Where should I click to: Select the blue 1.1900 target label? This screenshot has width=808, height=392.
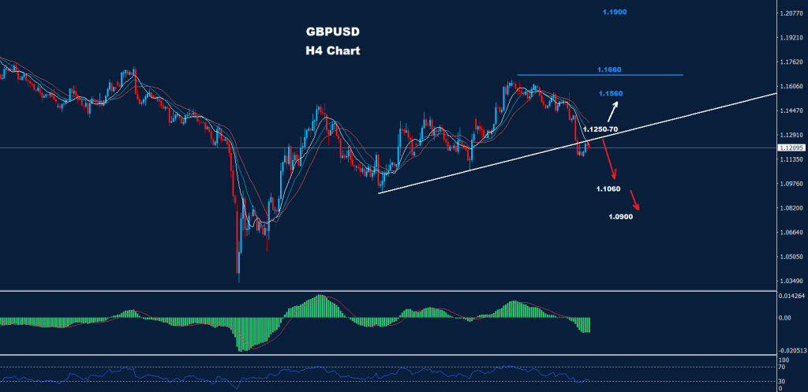(614, 13)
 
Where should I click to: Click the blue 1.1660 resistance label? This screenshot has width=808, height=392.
(609, 70)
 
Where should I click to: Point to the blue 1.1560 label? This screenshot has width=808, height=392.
(611, 93)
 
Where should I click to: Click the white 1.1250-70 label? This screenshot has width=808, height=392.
(600, 128)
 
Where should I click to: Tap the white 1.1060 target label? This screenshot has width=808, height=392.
(609, 189)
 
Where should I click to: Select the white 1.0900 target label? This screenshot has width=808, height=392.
(620, 217)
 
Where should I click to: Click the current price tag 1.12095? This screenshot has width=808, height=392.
(791, 147)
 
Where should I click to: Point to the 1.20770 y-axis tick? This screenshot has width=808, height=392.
(790, 13)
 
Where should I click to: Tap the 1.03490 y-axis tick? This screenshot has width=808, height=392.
(790, 282)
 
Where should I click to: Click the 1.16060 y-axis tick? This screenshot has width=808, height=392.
(790, 87)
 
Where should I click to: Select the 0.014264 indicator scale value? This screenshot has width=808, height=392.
(790, 296)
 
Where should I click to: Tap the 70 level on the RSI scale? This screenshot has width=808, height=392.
(781, 367)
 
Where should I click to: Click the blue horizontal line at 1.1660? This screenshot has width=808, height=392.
(600, 75)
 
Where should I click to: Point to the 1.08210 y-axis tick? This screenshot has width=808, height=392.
(790, 208)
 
